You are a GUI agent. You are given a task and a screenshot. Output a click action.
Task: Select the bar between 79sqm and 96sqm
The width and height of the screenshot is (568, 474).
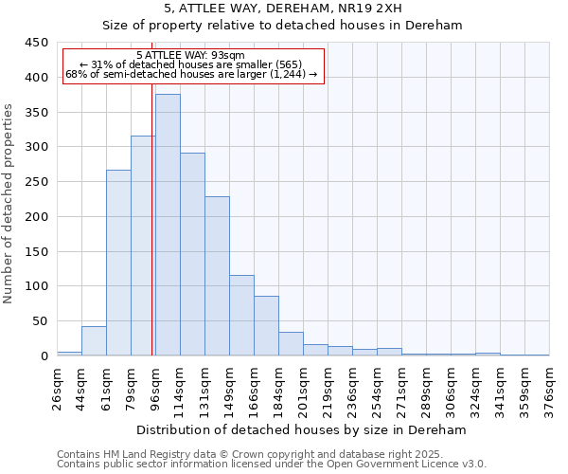(143, 246)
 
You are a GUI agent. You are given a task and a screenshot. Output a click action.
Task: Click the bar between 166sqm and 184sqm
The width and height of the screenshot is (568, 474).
(266, 326)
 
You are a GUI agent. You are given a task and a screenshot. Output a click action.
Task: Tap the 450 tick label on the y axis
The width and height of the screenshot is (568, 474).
(35, 43)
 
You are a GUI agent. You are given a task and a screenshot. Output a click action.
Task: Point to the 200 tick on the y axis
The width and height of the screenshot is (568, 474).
(35, 217)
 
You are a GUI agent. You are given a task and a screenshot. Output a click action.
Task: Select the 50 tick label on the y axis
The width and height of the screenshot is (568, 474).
(39, 321)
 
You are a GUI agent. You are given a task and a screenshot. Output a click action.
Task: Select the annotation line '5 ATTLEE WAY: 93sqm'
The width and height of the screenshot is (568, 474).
(190, 55)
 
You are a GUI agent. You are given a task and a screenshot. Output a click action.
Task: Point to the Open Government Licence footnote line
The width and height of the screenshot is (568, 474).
(272, 465)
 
